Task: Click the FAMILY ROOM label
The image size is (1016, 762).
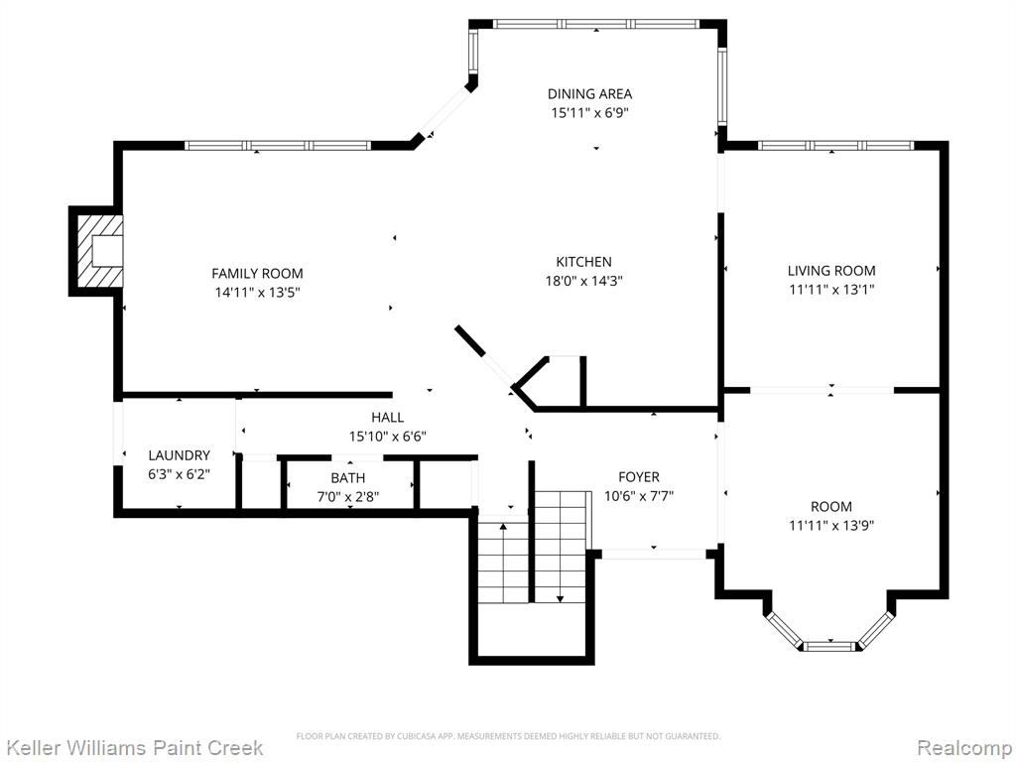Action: coord(257,274)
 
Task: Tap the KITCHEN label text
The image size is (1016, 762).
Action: coord(583,262)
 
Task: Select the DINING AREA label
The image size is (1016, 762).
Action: coord(589,94)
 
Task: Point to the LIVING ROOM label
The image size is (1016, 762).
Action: coord(831,271)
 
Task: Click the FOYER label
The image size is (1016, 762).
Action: coord(639,477)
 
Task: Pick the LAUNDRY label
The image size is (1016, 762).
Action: coord(179,455)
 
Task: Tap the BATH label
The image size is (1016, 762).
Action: coord(348,478)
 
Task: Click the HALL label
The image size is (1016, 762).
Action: coord(388,418)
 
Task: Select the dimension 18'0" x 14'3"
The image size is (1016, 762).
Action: coord(583,281)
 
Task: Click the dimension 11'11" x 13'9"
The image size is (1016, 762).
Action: coord(831,526)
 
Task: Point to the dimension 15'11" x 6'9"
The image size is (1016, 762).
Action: coord(589,113)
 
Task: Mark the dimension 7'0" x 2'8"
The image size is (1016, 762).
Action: coord(348,498)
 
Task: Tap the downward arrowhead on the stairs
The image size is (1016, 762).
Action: coord(560,598)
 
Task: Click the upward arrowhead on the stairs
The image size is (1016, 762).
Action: coord(503,526)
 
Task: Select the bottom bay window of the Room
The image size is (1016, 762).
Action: coord(830,646)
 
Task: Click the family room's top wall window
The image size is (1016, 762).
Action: coord(278,146)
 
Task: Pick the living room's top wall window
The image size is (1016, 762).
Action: coord(835,146)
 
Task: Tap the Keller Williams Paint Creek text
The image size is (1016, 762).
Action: coord(133,747)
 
